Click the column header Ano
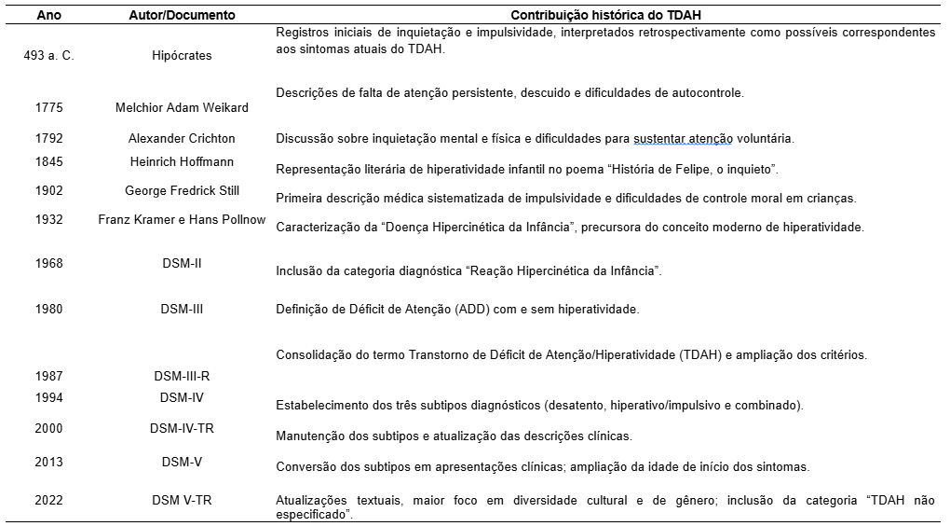coord(48,16)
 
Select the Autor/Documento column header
coord(182,16)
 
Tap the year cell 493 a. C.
coord(48,56)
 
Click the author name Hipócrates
coord(182,56)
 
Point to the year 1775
coord(48,108)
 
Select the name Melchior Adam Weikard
coord(182,108)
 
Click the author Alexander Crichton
coord(182,139)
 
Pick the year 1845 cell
coord(48,162)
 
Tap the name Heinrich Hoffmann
coord(182,162)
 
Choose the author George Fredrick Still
coord(182,191)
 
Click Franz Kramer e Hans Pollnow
coord(182,220)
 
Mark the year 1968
coord(48,264)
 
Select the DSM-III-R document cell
coord(182,376)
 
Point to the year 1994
coord(48,398)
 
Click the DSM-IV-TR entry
coord(182,429)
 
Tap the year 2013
coord(48,462)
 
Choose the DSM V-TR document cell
coord(182,501)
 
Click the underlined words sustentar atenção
coord(682,139)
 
